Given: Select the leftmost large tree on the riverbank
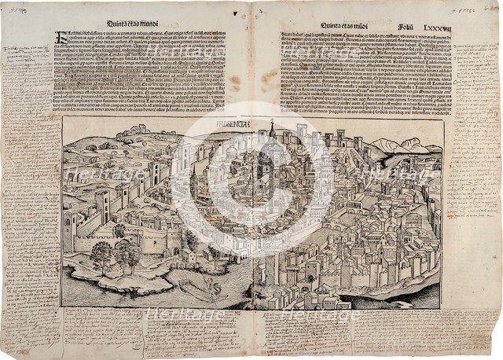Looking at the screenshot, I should tap(101, 253).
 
